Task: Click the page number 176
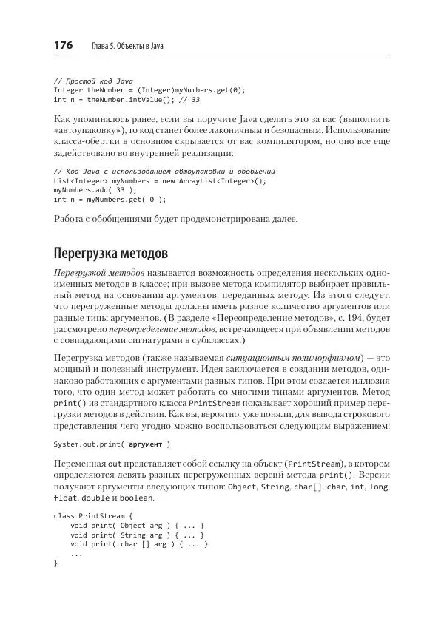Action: tap(63, 46)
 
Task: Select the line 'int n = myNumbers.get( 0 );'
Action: tap(110, 199)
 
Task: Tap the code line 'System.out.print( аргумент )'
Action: tap(112, 444)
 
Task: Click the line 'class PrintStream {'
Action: tap(93, 515)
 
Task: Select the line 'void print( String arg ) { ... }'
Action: tap(137, 535)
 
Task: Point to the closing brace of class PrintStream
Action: tap(56, 563)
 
